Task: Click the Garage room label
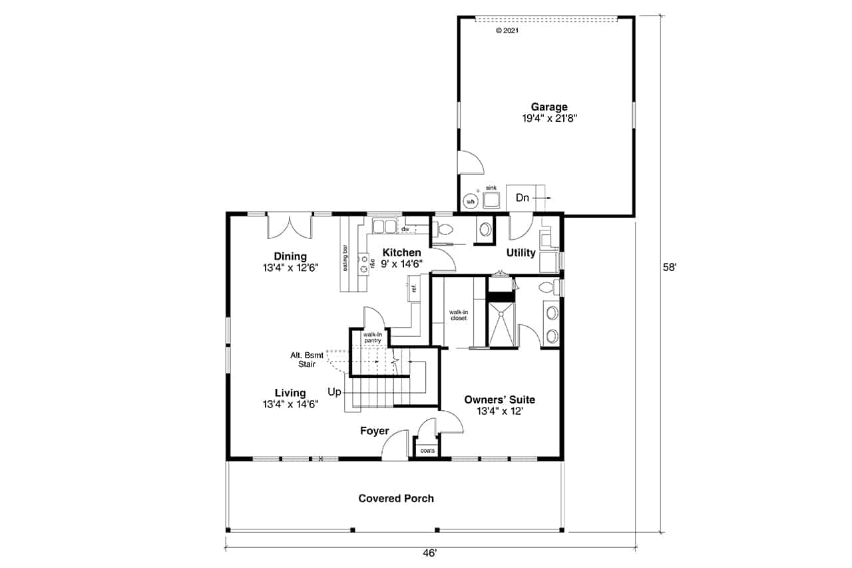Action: click(x=549, y=107)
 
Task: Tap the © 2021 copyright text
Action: click(x=507, y=31)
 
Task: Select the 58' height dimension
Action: click(x=670, y=268)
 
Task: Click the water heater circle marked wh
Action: click(x=471, y=202)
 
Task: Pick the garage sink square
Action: click(x=491, y=200)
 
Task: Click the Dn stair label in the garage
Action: click(x=523, y=198)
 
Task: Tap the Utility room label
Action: click(x=521, y=252)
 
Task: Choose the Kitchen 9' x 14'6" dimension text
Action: click(x=401, y=264)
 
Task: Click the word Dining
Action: click(x=290, y=256)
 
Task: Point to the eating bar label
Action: click(x=345, y=258)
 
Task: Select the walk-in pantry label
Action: click(x=372, y=338)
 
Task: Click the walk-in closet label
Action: click(x=459, y=315)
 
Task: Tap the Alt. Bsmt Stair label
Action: click(x=307, y=360)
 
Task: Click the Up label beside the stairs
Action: click(x=334, y=392)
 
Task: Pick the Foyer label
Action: click(x=375, y=431)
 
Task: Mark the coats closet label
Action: click(x=427, y=450)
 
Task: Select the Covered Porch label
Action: click(x=396, y=498)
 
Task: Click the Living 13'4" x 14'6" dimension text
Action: click(x=291, y=404)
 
